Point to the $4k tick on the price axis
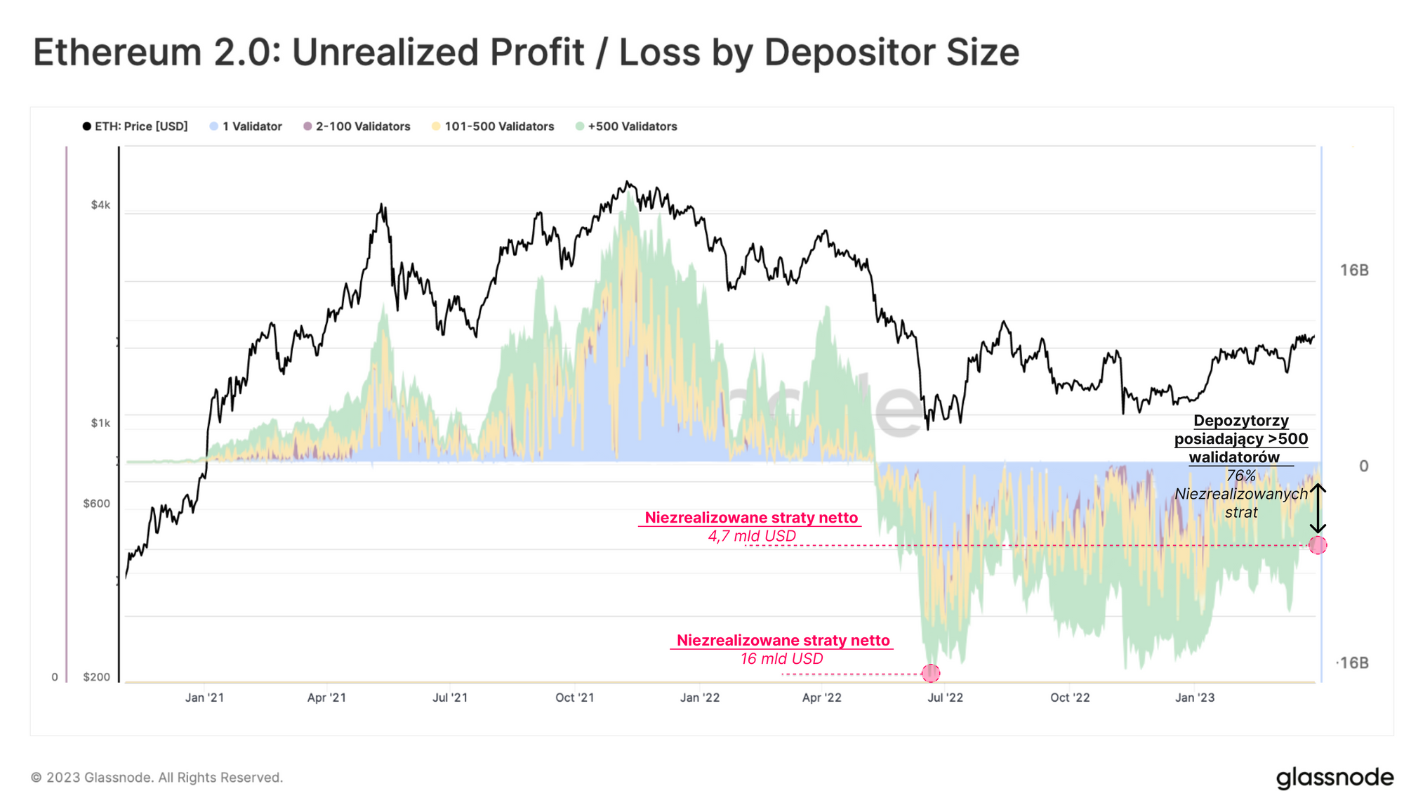100,205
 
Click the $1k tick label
100,423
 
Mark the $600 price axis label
97,504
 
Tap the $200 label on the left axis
97,677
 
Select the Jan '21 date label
204,698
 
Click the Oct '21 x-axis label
574,698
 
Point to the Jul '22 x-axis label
945,698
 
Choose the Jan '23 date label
1195,698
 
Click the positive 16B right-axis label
1354,270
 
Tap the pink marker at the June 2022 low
931,674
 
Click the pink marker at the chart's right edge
1318,545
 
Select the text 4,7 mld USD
752,536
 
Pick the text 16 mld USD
781,659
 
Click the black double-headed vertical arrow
1318,509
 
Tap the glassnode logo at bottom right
1334,778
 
